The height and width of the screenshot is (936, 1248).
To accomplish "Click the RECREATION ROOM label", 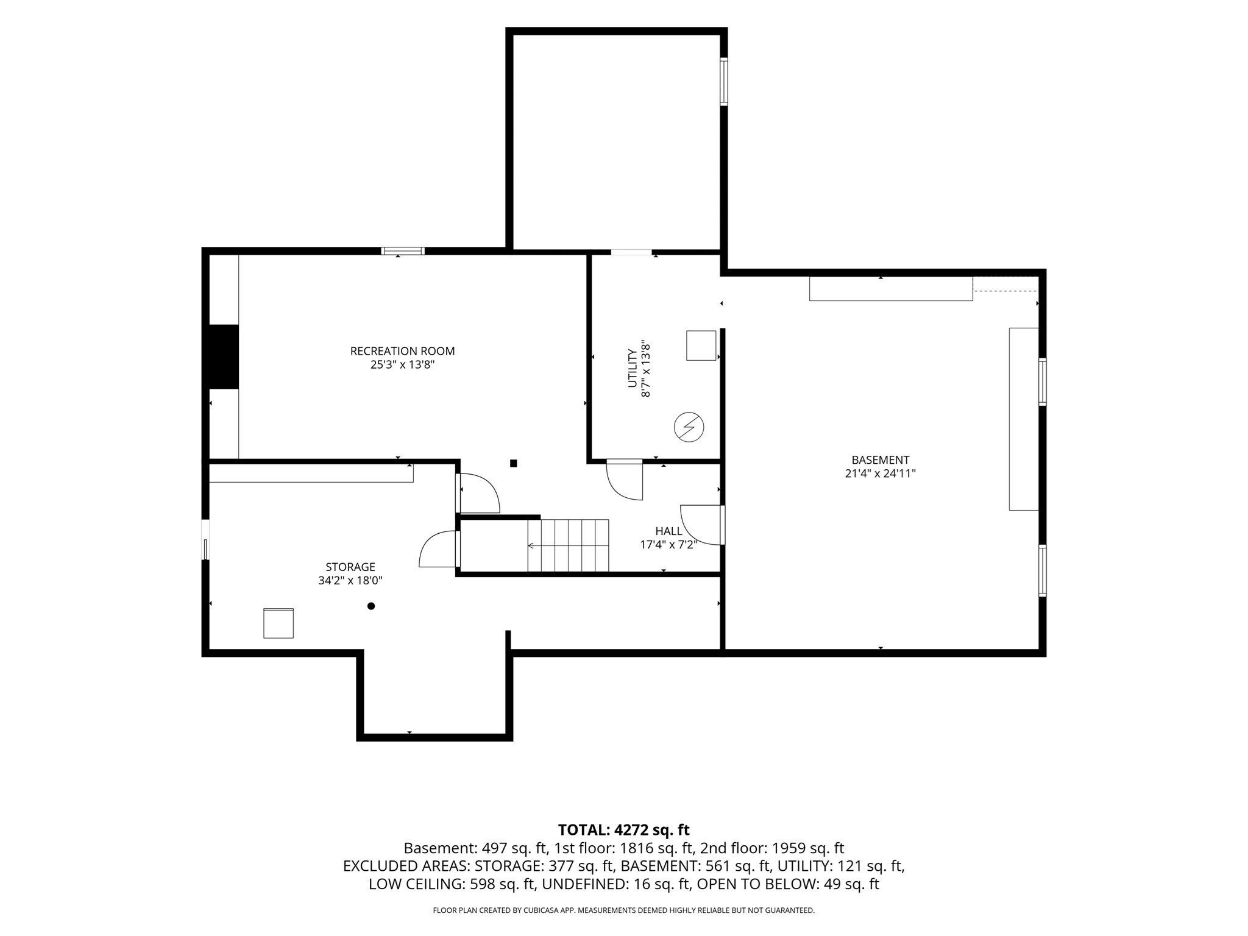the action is [x=402, y=351].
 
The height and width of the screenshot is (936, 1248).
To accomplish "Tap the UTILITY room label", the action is [x=632, y=369].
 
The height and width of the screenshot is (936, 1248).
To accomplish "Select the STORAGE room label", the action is [x=350, y=567].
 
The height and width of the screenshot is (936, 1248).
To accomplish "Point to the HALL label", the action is [x=668, y=531].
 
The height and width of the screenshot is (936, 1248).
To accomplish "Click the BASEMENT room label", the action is [x=880, y=460].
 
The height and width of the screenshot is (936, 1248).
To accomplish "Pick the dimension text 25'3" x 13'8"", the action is [x=402, y=365].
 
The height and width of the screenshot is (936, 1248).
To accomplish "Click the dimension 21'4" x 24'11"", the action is [x=880, y=473].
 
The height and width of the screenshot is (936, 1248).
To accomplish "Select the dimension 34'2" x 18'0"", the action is [x=350, y=581].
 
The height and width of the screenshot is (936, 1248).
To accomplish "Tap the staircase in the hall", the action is [x=568, y=545].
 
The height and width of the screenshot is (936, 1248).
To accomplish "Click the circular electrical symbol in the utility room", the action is [x=689, y=428].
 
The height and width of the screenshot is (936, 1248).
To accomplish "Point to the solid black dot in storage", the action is [x=370, y=606].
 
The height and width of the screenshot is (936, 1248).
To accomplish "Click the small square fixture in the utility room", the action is [x=701, y=346].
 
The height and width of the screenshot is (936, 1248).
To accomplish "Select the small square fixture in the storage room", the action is [x=278, y=623].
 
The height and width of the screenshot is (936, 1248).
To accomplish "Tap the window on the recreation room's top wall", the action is [x=403, y=250].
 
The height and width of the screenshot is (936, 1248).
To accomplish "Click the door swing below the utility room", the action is [x=625, y=480].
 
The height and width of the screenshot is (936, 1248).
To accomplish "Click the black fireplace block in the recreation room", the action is [x=224, y=356].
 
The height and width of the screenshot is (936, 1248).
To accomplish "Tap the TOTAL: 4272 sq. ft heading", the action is [x=623, y=829].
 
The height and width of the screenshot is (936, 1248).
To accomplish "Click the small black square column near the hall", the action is [x=514, y=463].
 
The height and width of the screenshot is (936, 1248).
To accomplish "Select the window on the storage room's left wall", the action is [x=205, y=540].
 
